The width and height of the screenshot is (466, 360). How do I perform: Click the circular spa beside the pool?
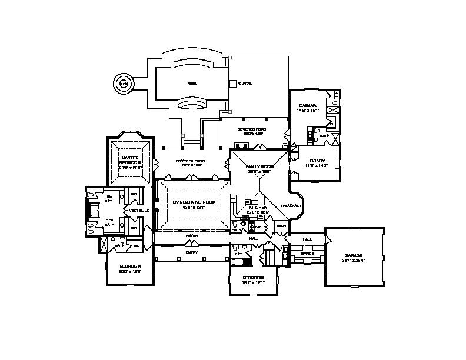[x=123, y=84]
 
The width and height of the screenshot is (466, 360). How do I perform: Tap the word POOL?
[x=192, y=83]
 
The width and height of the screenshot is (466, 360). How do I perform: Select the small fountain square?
[x=233, y=84]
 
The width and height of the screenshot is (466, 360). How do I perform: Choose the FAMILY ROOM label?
[x=258, y=167]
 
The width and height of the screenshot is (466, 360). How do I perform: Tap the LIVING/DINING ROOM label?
[x=194, y=202]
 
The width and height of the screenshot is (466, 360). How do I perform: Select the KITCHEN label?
[x=258, y=208]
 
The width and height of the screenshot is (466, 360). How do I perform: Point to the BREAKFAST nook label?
[x=291, y=206]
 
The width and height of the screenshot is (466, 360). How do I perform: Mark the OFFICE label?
[x=307, y=253]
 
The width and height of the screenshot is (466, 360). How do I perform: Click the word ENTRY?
[x=192, y=252]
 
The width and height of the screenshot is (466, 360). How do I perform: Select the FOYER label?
[x=191, y=236]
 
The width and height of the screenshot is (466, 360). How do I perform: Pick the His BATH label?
[x=109, y=198]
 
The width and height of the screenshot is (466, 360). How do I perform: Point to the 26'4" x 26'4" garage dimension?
[x=354, y=260]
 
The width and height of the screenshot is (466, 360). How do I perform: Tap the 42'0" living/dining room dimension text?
[x=194, y=207]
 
